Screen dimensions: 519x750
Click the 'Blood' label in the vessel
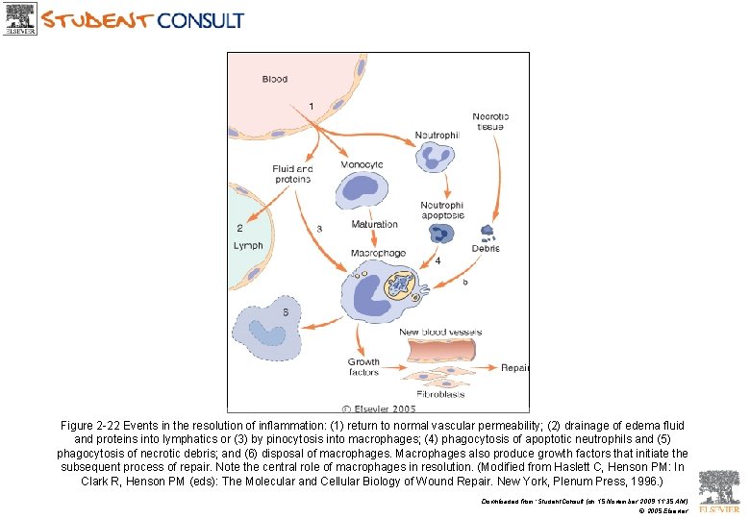click(274, 79)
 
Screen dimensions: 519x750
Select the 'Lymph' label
click(248, 246)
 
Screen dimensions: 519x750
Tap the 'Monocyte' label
click(362, 164)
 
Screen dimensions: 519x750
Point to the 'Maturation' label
click(374, 225)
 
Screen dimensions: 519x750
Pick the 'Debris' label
click(485, 248)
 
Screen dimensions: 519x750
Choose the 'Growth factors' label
click(363, 367)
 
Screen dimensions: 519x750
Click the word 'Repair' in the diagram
click(515, 367)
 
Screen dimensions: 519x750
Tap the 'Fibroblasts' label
click(439, 393)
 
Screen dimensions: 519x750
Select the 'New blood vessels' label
click(440, 333)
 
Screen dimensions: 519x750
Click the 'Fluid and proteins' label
click(292, 174)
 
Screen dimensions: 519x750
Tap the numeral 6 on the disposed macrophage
click(285, 312)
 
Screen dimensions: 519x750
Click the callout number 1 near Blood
click(311, 105)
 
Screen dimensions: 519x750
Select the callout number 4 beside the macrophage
click(437, 260)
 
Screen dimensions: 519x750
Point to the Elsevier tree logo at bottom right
click(719, 487)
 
